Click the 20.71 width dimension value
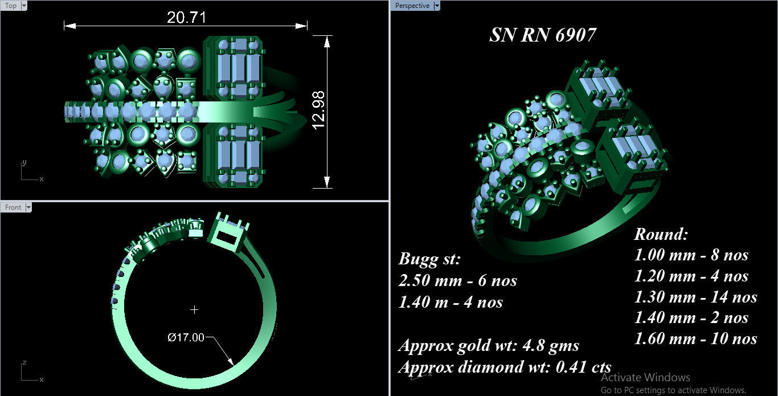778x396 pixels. coord(186,18)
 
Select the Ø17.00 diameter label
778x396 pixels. coord(186,337)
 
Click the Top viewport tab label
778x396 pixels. coord(11,6)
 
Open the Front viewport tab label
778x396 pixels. coord(13,207)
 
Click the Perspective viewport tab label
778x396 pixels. coord(412,6)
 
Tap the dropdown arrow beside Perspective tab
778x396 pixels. coord(437,6)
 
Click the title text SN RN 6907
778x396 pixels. coord(542,35)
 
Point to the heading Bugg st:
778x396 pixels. coord(429,259)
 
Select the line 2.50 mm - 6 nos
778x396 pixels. coord(457,280)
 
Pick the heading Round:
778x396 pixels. coord(661,234)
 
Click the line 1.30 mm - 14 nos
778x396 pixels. coord(695,297)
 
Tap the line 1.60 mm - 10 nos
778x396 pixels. coord(695,339)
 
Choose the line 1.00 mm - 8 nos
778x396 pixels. coord(691,255)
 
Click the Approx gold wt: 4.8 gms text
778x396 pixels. coord(488,345)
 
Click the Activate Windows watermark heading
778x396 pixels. coord(645,377)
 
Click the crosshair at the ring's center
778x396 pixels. coord(195,309)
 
